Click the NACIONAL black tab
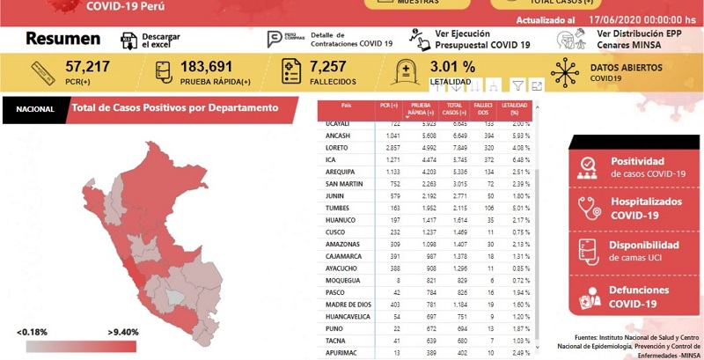(34, 109)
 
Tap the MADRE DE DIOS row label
(348, 305)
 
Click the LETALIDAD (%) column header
(514, 110)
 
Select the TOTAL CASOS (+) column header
(453, 110)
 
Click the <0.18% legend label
(32, 332)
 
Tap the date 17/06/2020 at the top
(613, 18)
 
